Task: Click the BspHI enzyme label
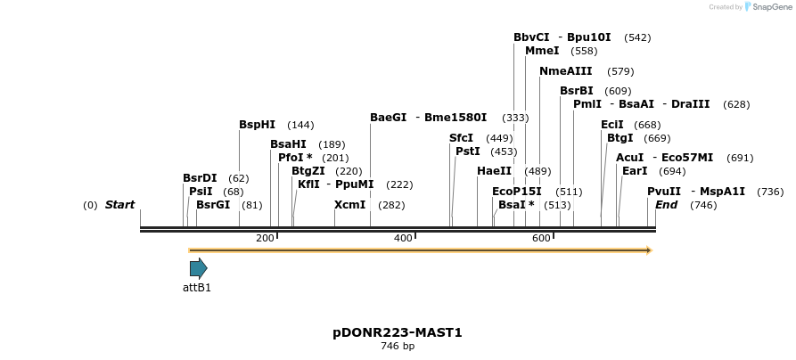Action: click(x=257, y=125)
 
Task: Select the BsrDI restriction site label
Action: click(x=200, y=178)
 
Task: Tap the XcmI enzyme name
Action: click(x=349, y=205)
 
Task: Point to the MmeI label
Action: click(x=542, y=51)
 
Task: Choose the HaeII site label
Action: click(x=494, y=171)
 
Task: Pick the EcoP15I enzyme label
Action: click(x=516, y=192)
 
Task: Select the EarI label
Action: click(x=635, y=171)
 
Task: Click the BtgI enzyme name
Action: click(x=620, y=138)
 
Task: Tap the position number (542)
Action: click(x=637, y=37)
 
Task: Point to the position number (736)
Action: click(x=769, y=192)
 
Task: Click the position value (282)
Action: click(x=391, y=205)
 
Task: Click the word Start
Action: click(x=119, y=205)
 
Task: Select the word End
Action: click(x=666, y=205)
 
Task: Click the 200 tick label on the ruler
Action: click(x=265, y=238)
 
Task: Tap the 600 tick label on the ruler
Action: click(x=541, y=238)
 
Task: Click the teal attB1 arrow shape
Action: click(x=198, y=268)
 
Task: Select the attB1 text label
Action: click(x=197, y=288)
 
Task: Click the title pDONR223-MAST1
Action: click(x=398, y=332)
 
